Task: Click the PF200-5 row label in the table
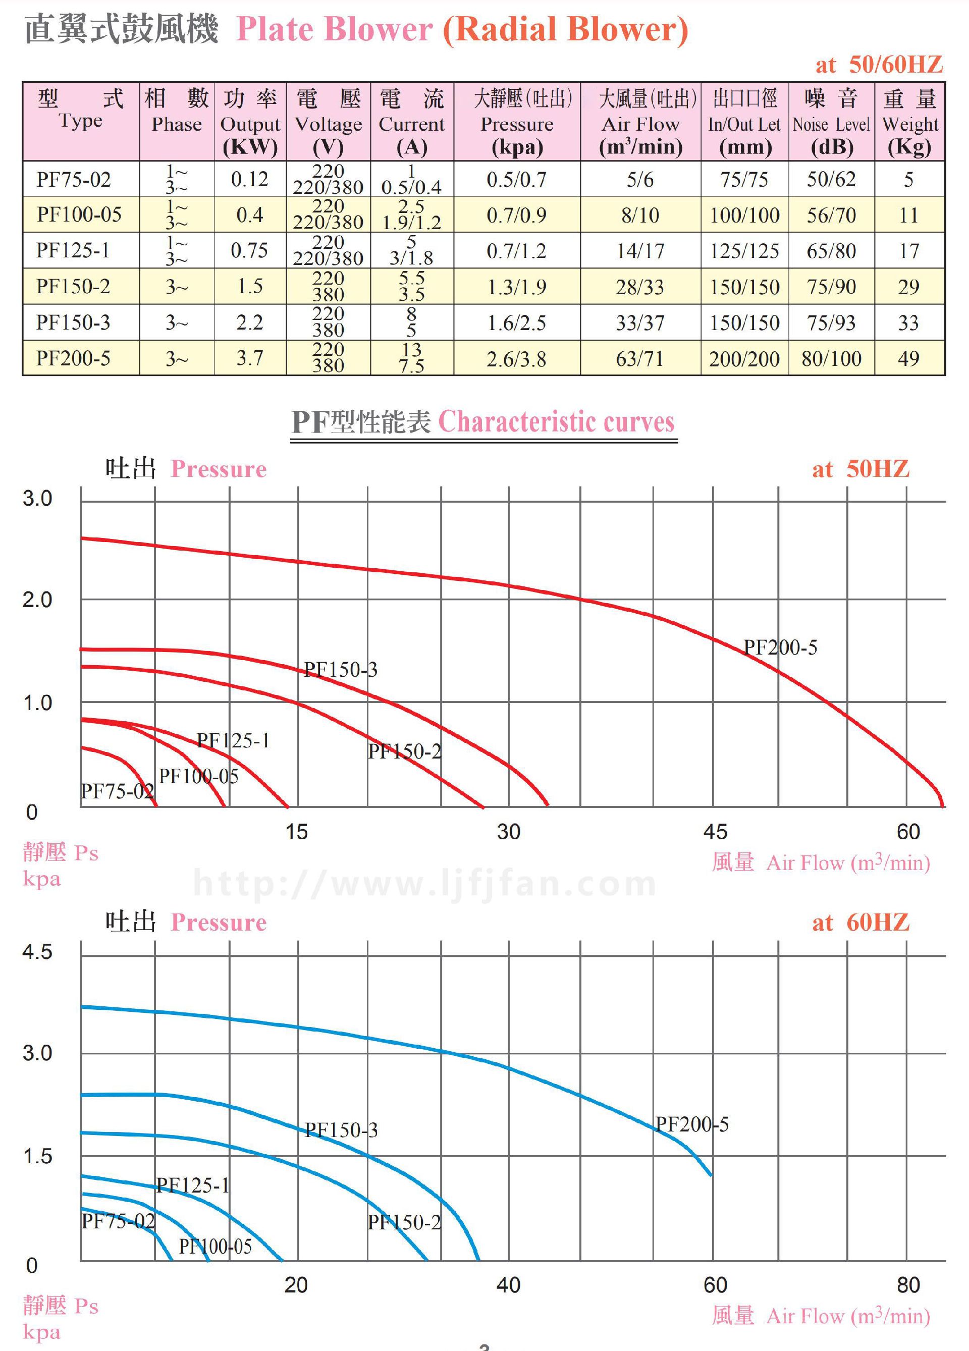(x=73, y=358)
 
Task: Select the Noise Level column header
(x=831, y=124)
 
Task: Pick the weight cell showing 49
(x=908, y=358)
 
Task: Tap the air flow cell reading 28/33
(x=639, y=287)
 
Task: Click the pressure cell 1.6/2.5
(x=516, y=322)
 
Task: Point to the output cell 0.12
(x=249, y=179)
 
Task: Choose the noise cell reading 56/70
(x=831, y=214)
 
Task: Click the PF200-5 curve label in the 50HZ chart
(x=780, y=647)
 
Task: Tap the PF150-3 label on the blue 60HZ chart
(x=341, y=1130)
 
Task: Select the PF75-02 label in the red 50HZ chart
(x=117, y=791)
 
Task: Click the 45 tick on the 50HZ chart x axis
(x=715, y=832)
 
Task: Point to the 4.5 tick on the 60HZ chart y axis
(x=37, y=952)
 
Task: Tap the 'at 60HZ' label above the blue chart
(x=860, y=923)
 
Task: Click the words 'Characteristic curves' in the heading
(x=556, y=422)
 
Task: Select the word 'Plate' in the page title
(x=275, y=29)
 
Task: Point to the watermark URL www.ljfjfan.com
(x=425, y=883)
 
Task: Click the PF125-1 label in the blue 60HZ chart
(x=192, y=1185)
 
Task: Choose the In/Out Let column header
(x=744, y=124)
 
